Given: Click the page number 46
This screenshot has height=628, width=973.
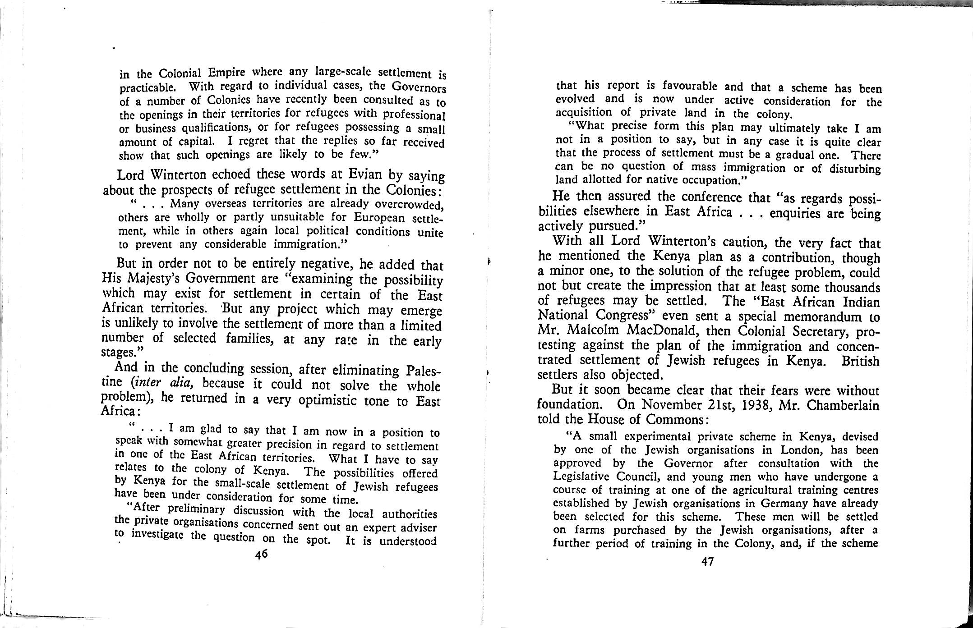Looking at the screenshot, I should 262,554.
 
